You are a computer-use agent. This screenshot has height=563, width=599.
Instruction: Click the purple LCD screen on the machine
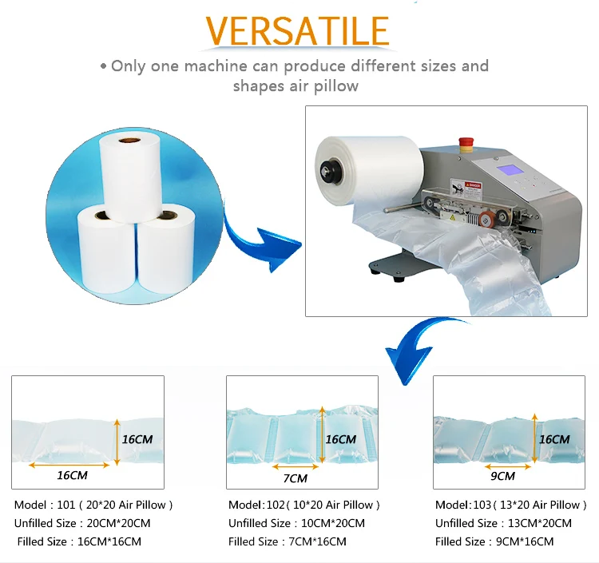pyautogui.click(x=512, y=170)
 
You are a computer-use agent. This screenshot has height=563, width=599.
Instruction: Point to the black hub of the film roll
pyautogui.click(x=327, y=169)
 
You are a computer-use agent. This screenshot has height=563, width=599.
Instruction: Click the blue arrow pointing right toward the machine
pyautogui.click(x=264, y=240)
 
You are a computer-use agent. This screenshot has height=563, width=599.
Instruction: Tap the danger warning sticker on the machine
pyautogui.click(x=466, y=191)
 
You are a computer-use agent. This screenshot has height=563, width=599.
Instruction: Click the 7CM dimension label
pyautogui.click(x=296, y=478)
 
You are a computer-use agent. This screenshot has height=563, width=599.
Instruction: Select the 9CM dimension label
pyautogui.click(x=502, y=476)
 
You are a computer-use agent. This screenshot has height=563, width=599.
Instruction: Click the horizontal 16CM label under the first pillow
pyautogui.click(x=72, y=475)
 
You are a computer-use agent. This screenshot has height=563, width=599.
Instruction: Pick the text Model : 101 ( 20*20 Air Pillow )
pyautogui.click(x=93, y=505)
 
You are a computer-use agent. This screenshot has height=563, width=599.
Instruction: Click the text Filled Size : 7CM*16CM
pyautogui.click(x=288, y=541)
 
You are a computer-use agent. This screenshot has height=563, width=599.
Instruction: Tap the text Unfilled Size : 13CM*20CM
pyautogui.click(x=503, y=523)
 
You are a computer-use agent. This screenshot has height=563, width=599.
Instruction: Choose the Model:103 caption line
pyautogui.click(x=511, y=505)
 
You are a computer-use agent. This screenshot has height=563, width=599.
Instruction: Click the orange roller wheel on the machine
pyautogui.click(x=486, y=220)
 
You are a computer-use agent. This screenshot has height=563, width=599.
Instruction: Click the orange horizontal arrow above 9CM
pyautogui.click(x=508, y=466)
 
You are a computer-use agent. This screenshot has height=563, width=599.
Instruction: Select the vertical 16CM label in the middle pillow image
pyautogui.click(x=340, y=439)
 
